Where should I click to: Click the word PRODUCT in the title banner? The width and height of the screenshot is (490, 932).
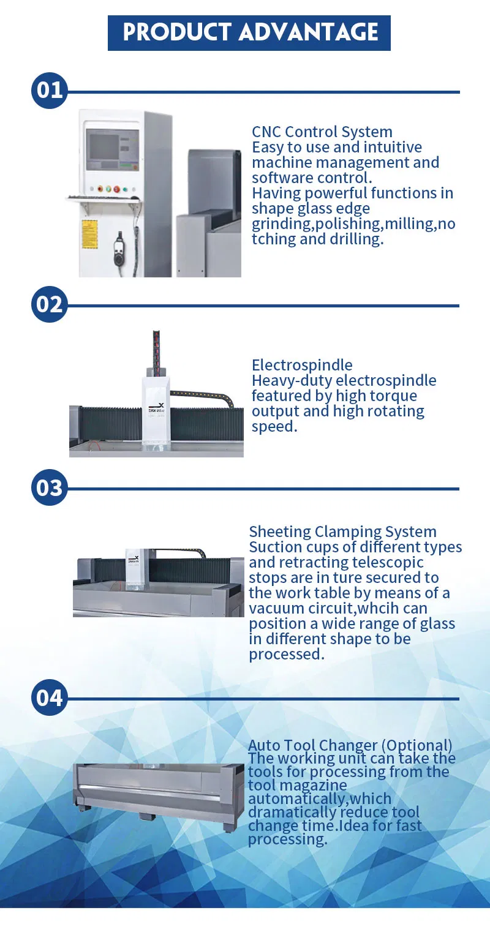[x=176, y=32]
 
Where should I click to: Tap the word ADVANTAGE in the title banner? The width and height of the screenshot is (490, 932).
[x=309, y=32]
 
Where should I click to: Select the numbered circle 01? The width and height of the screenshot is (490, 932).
[x=50, y=90]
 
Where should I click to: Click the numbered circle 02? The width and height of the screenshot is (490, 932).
[x=50, y=304]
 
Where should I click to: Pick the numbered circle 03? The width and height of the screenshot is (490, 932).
[x=50, y=487]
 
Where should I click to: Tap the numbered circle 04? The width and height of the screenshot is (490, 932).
[x=50, y=697]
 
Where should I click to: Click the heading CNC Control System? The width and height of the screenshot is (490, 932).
[x=322, y=132]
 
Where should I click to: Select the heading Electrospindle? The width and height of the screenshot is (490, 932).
[x=302, y=366]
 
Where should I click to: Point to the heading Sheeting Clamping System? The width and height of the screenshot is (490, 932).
[x=342, y=532]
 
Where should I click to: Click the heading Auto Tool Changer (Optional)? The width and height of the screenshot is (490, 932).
[x=350, y=745]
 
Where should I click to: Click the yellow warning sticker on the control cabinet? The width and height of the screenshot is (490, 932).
[x=89, y=234]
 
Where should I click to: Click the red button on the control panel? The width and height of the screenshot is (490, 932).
[x=116, y=190]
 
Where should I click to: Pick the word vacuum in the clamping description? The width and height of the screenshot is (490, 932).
[x=276, y=609]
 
